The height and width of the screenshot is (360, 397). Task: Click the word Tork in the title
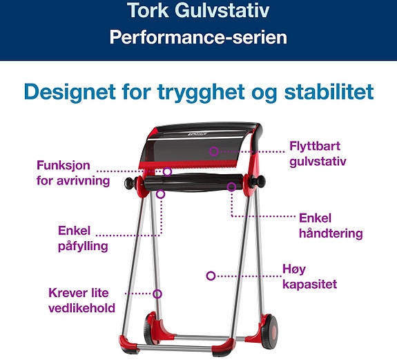click(148, 10)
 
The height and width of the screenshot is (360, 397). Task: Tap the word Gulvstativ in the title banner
click(222, 10)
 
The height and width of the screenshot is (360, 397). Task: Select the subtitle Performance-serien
click(198, 37)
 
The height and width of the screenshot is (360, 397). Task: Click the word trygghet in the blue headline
click(201, 93)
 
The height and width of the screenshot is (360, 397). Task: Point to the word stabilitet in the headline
click(329, 91)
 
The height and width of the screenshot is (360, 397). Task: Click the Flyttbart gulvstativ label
click(318, 154)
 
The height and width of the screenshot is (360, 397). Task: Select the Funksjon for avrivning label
click(73, 173)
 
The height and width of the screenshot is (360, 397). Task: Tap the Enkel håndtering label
click(331, 226)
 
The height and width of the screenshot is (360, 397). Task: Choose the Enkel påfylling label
click(83, 238)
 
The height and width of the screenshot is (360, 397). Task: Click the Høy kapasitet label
click(309, 276)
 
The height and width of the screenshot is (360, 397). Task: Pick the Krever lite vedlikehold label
click(81, 301)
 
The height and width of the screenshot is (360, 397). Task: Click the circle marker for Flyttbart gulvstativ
click(214, 151)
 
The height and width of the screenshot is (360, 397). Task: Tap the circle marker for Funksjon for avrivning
click(167, 171)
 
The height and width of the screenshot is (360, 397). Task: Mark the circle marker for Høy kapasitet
click(211, 276)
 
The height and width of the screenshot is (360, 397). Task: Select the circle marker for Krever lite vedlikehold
click(157, 294)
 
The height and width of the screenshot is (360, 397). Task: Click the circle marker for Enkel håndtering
click(231, 187)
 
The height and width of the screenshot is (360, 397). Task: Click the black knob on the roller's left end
click(130, 183)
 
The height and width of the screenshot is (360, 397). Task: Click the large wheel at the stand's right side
click(270, 331)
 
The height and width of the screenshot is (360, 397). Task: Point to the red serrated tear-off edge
click(188, 164)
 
